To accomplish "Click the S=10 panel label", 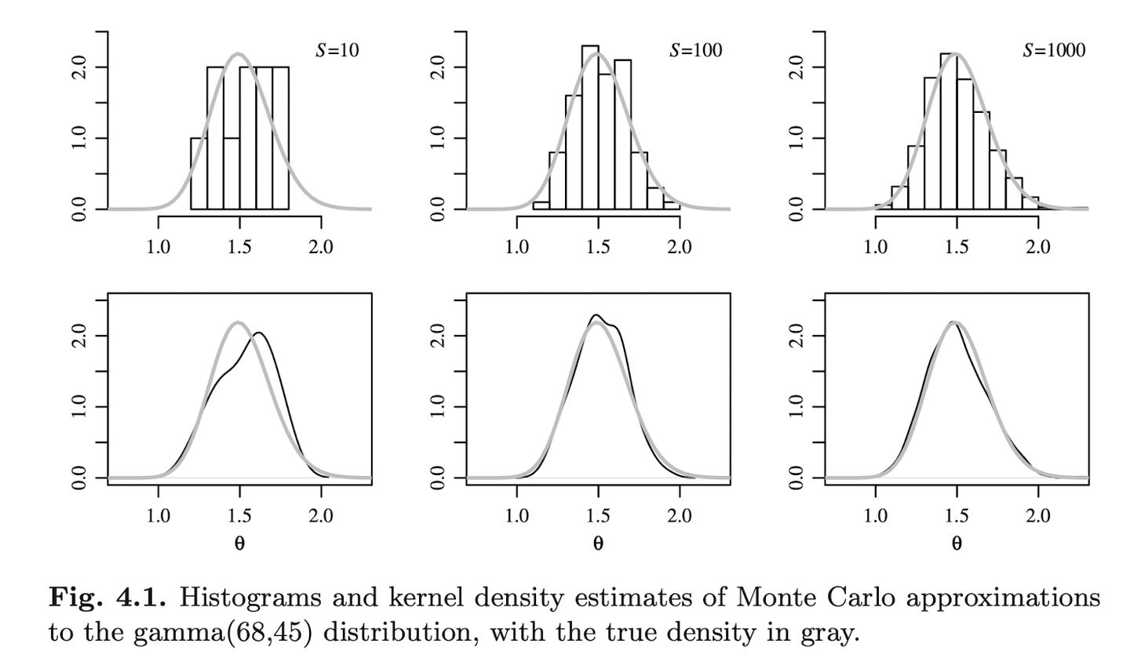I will tap(337, 50).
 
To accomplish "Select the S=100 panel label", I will tap(695, 50).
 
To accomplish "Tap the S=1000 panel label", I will tap(1054, 50).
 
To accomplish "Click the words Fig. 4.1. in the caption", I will tap(108, 598).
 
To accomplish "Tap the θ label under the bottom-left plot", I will tap(239, 543).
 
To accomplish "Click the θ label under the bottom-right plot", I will tap(957, 543).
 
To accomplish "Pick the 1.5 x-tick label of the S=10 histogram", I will tap(239, 247).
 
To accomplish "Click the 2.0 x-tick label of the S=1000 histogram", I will tap(1037, 247).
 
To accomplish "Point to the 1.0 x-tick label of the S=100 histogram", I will tap(516, 247).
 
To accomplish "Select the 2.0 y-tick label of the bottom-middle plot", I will tap(439, 336).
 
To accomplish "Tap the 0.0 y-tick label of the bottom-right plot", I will tap(797, 478).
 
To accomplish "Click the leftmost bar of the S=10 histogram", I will tap(199, 174).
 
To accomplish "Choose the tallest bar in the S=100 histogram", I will tap(590, 127).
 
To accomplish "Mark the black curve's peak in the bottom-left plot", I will tap(257, 333).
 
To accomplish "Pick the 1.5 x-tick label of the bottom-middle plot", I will tap(598, 515).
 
